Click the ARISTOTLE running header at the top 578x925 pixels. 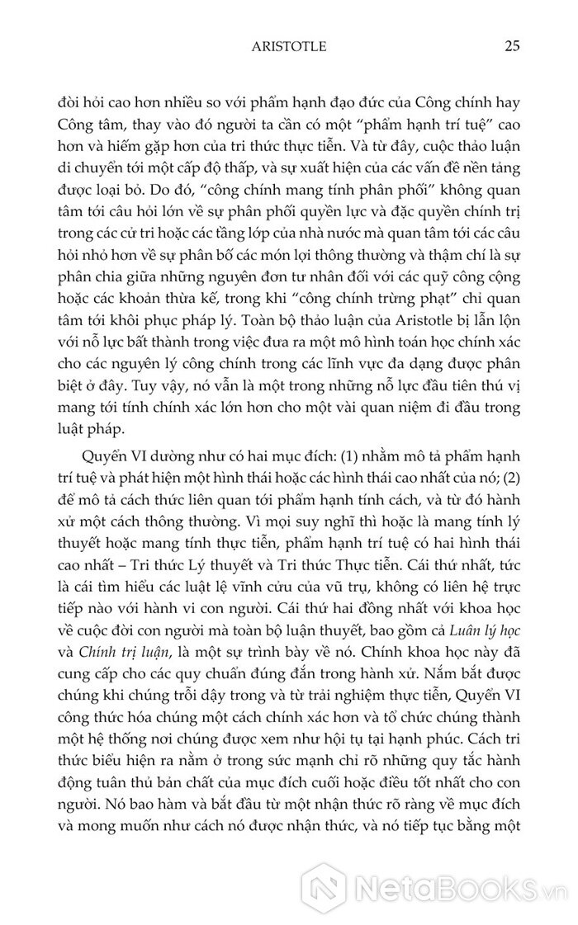point(288,47)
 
